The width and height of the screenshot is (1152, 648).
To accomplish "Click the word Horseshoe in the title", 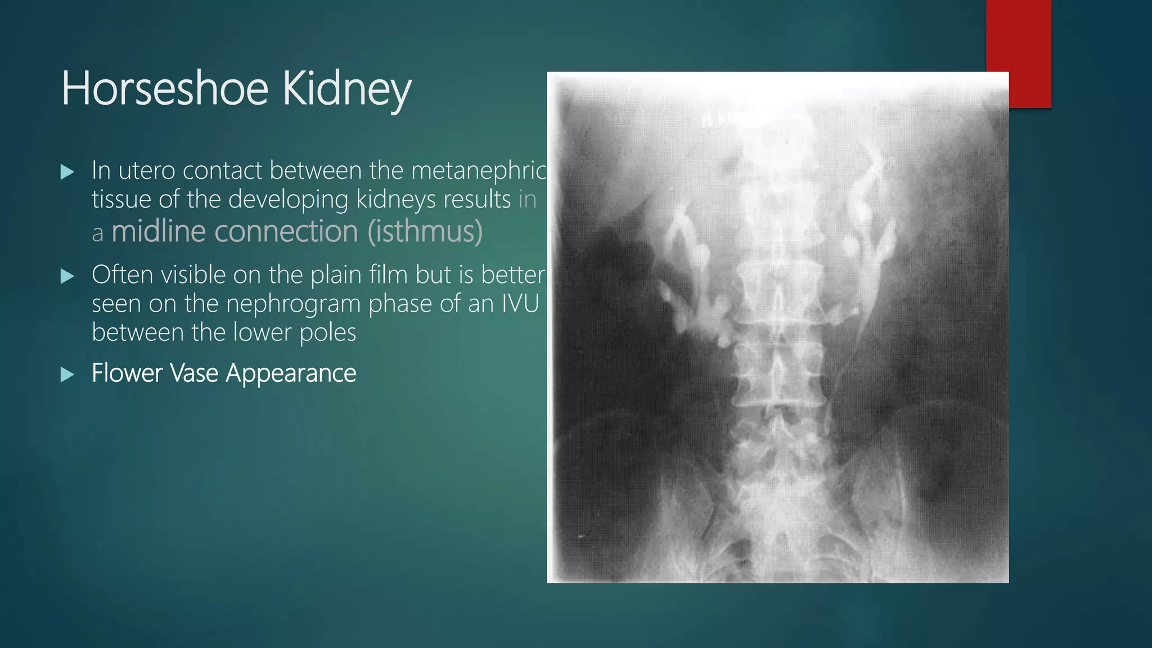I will pyautogui.click(x=164, y=88).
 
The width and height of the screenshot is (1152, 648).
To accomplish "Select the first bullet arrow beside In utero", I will pyautogui.click(x=67, y=172).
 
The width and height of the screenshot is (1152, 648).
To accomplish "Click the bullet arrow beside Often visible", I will pyautogui.click(x=67, y=276).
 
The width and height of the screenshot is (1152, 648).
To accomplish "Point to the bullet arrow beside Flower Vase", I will pyautogui.click(x=67, y=374).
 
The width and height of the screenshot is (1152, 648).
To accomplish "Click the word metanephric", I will pyautogui.click(x=479, y=170).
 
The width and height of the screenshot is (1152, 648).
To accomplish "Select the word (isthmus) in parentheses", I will pyautogui.click(x=425, y=231).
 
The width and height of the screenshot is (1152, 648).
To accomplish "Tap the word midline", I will pyautogui.click(x=158, y=231).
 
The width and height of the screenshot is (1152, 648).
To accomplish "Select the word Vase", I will pyautogui.click(x=194, y=373).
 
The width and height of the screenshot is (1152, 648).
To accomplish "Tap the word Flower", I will pyautogui.click(x=127, y=373).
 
